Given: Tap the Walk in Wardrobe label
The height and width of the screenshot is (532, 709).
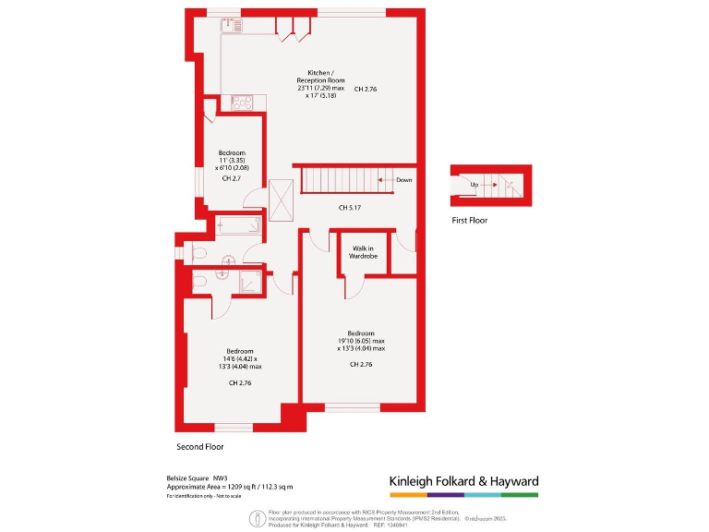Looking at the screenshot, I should (x=362, y=252).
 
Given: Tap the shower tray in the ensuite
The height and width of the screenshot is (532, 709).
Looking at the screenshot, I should (x=250, y=281).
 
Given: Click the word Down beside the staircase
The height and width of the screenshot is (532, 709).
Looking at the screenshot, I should (x=403, y=180).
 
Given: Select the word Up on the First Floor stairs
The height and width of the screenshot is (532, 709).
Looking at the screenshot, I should (x=475, y=185).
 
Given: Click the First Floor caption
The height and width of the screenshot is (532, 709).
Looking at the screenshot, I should (x=470, y=221).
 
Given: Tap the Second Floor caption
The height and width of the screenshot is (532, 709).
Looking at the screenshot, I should (x=200, y=447).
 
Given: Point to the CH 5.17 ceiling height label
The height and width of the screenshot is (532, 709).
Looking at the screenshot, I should (x=348, y=207).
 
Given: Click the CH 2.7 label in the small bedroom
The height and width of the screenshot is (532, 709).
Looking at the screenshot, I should (x=232, y=178).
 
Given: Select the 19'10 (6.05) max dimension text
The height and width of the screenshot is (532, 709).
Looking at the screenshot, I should (x=361, y=341).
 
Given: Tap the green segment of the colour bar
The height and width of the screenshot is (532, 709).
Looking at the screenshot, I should (x=520, y=494).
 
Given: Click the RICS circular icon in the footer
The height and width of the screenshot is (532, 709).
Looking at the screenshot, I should (x=254, y=519).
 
